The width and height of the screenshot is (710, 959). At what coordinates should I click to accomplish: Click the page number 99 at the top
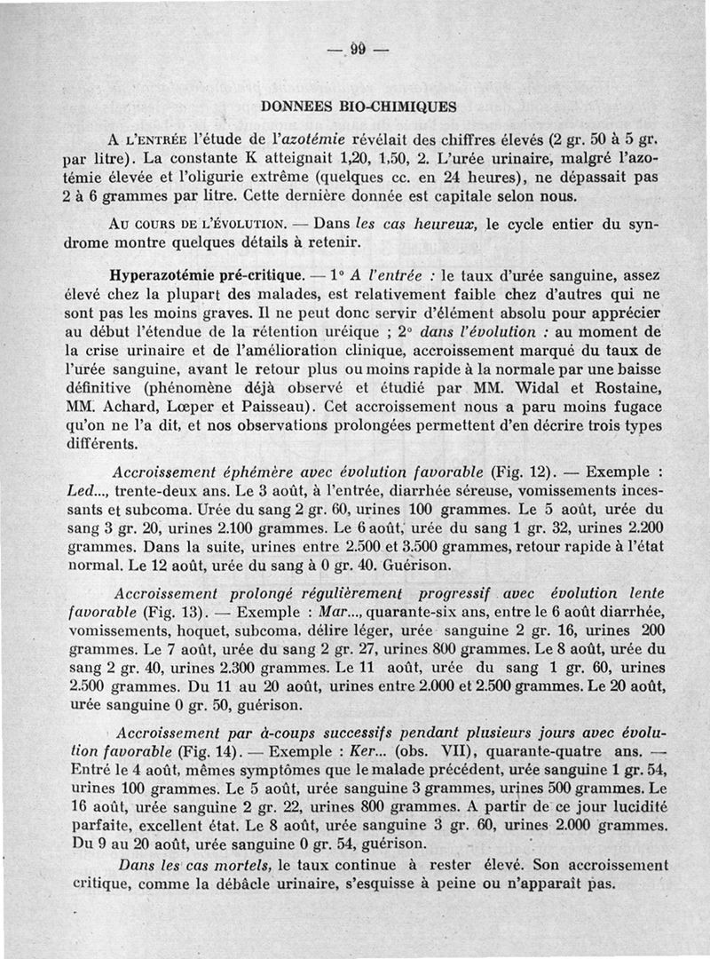click(x=358, y=49)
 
